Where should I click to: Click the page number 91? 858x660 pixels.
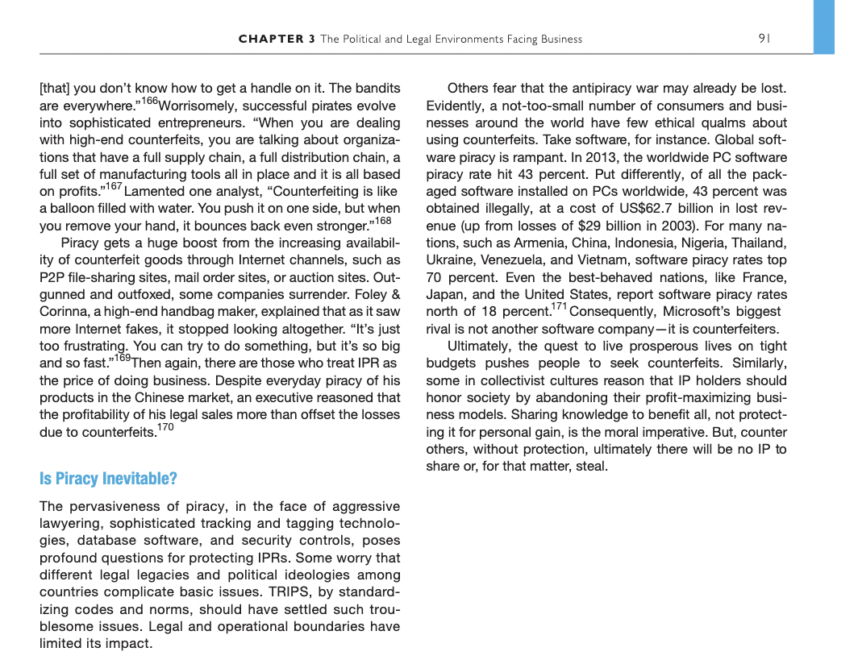click(764, 38)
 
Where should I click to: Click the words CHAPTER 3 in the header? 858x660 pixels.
click(277, 39)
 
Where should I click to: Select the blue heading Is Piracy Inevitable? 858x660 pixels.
click(108, 479)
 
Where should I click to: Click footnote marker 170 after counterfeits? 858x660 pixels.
click(165, 427)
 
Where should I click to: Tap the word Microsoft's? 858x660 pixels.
click(693, 311)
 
